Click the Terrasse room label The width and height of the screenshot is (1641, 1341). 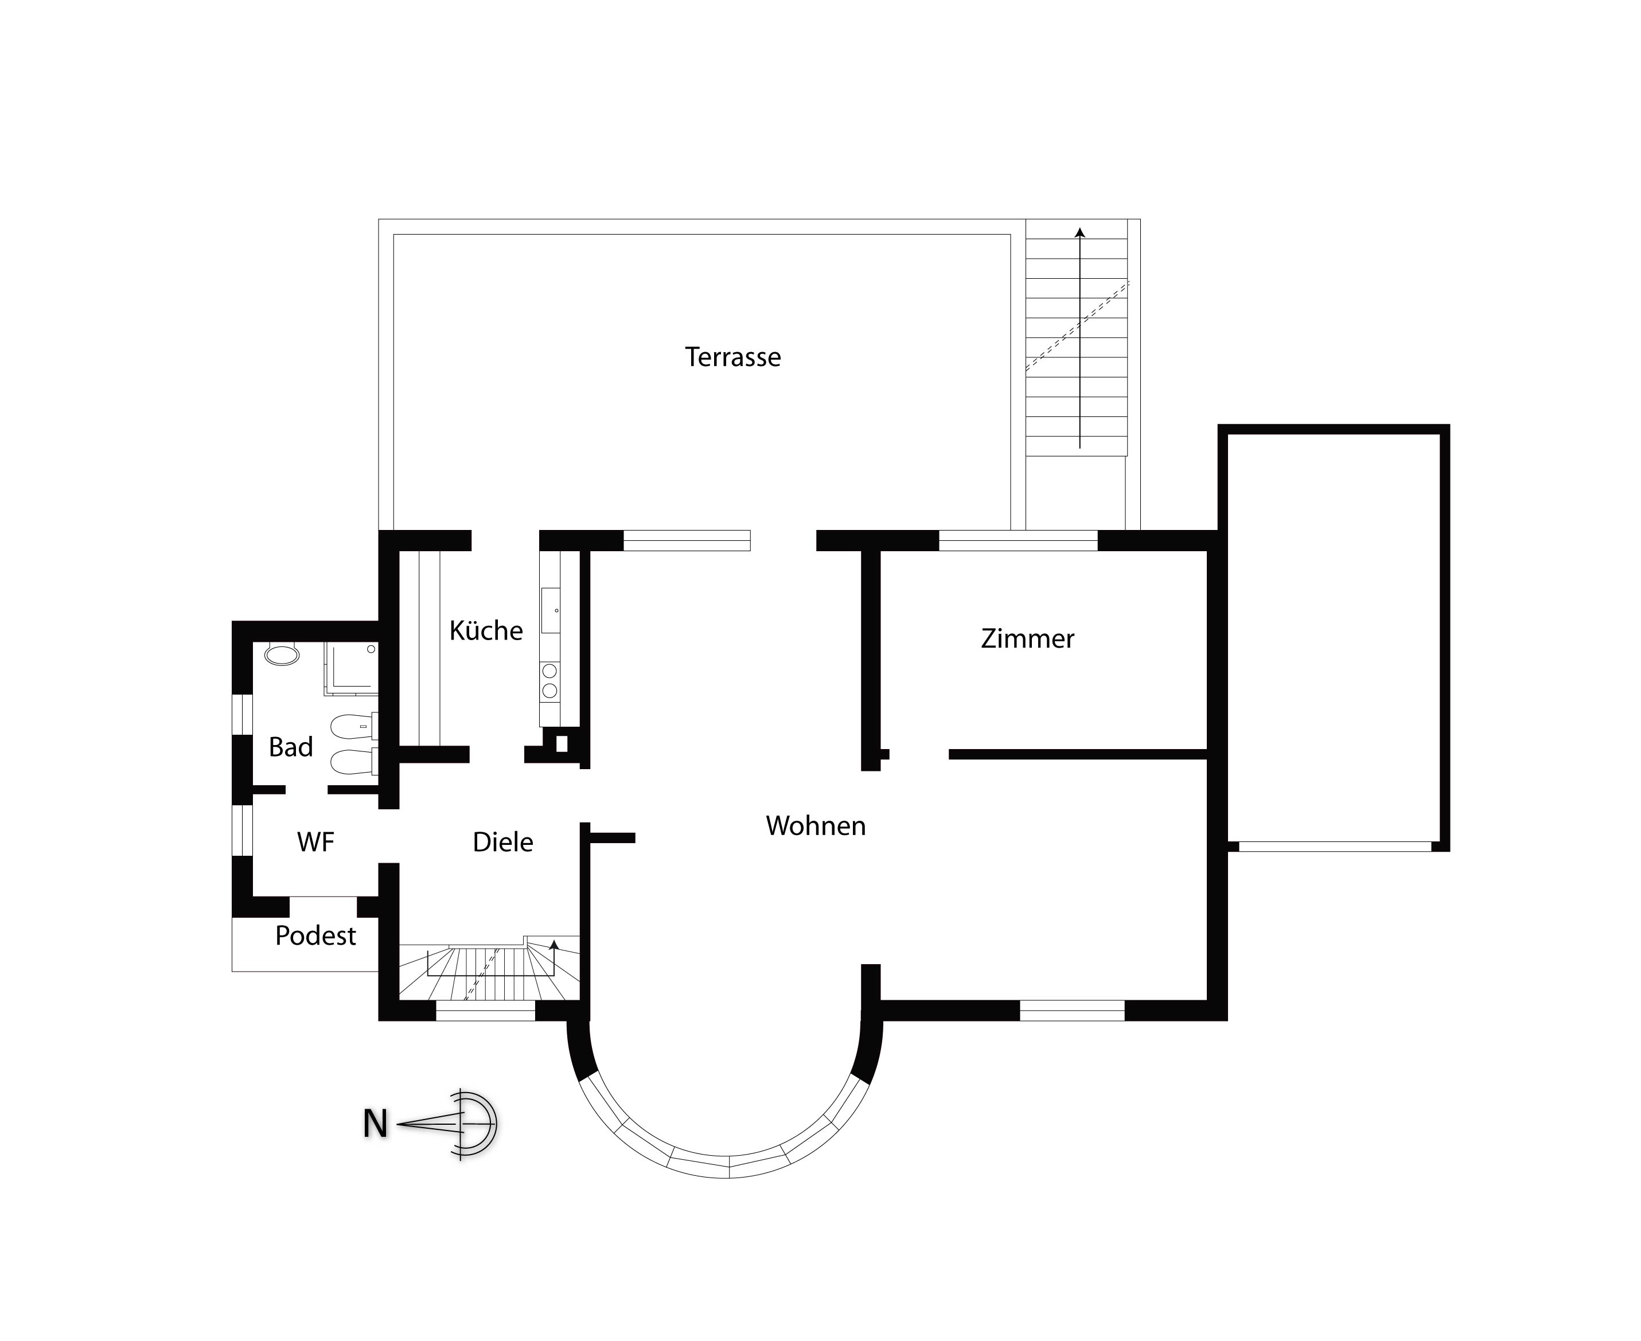click(x=732, y=357)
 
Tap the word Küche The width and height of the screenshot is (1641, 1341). click(x=486, y=630)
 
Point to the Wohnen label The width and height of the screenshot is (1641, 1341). click(x=816, y=826)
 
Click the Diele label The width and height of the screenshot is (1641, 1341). click(x=503, y=842)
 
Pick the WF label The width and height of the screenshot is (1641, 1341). click(x=315, y=842)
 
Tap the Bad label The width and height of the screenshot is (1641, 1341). click(x=290, y=747)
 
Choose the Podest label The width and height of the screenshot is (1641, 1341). click(x=315, y=935)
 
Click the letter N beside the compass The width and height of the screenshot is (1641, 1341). click(x=375, y=1124)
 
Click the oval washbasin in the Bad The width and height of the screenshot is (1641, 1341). click(x=282, y=655)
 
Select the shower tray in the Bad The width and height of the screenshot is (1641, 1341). click(x=351, y=668)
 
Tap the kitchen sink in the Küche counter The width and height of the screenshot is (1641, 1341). click(x=550, y=610)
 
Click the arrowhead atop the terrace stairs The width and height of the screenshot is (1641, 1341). click(x=1080, y=232)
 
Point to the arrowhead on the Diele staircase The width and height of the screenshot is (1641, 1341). click(x=554, y=944)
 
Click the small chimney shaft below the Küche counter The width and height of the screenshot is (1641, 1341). click(x=562, y=744)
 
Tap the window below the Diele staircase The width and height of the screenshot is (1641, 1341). click(x=486, y=1011)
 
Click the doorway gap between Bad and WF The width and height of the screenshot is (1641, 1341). click(x=307, y=789)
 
